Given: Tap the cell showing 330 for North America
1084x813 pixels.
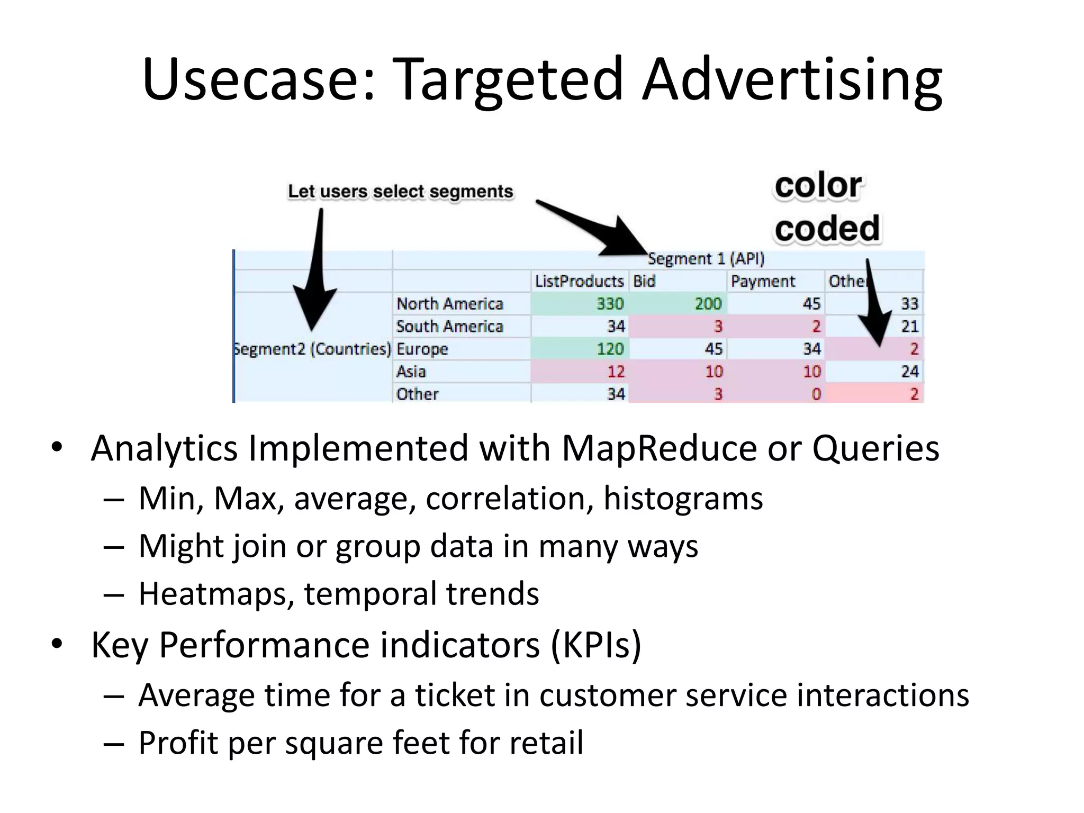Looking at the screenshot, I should [x=610, y=304].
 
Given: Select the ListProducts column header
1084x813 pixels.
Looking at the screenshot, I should [x=579, y=281].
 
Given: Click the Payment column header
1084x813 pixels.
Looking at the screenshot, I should [x=763, y=281].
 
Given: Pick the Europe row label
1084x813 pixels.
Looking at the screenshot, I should [x=422, y=349].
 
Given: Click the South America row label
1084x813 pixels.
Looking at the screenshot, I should [x=449, y=327].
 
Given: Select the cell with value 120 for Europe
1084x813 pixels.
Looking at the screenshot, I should [x=610, y=349].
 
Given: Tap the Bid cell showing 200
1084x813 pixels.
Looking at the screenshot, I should [x=708, y=304].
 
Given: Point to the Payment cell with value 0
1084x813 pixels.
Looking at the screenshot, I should [x=816, y=394].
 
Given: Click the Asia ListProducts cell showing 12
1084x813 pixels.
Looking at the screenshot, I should [x=616, y=372].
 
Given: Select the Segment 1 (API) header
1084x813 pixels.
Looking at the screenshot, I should [x=706, y=259].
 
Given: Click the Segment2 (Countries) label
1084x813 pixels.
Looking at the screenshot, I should [x=312, y=349].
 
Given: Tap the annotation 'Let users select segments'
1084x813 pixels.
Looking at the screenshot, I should [x=400, y=192].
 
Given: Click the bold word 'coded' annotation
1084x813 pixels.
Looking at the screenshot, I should [x=827, y=229].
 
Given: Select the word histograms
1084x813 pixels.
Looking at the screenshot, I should [x=683, y=499].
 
